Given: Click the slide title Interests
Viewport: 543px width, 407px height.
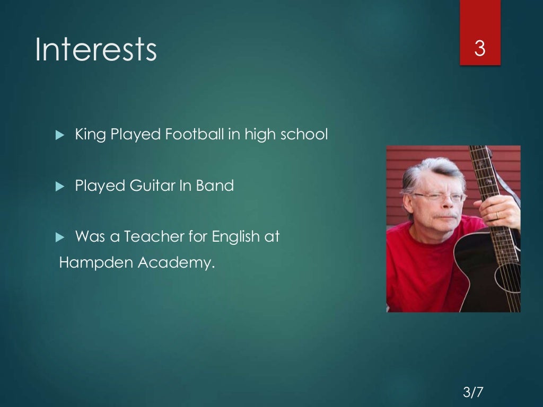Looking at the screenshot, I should coord(96,49).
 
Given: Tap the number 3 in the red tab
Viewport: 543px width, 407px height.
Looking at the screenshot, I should coord(479,49).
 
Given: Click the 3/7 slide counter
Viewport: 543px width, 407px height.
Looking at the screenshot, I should coord(473,393).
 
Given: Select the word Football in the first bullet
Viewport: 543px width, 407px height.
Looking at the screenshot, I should coord(195,135).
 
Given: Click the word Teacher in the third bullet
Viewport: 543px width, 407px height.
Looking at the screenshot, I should coord(156,237).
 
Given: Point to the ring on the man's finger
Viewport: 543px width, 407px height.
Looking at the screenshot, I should coord(497,215).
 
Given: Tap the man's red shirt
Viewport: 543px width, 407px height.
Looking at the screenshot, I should coord(419,265).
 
